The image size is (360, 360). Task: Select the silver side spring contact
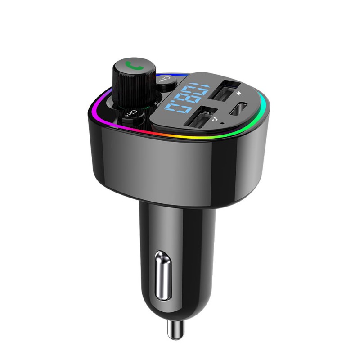click(163, 275)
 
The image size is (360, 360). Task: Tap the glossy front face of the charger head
click(171, 166)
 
